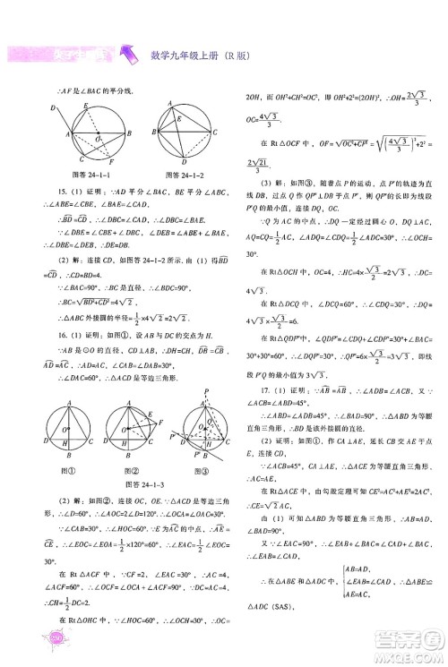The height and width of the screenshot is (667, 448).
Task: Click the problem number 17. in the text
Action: point(255,364)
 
